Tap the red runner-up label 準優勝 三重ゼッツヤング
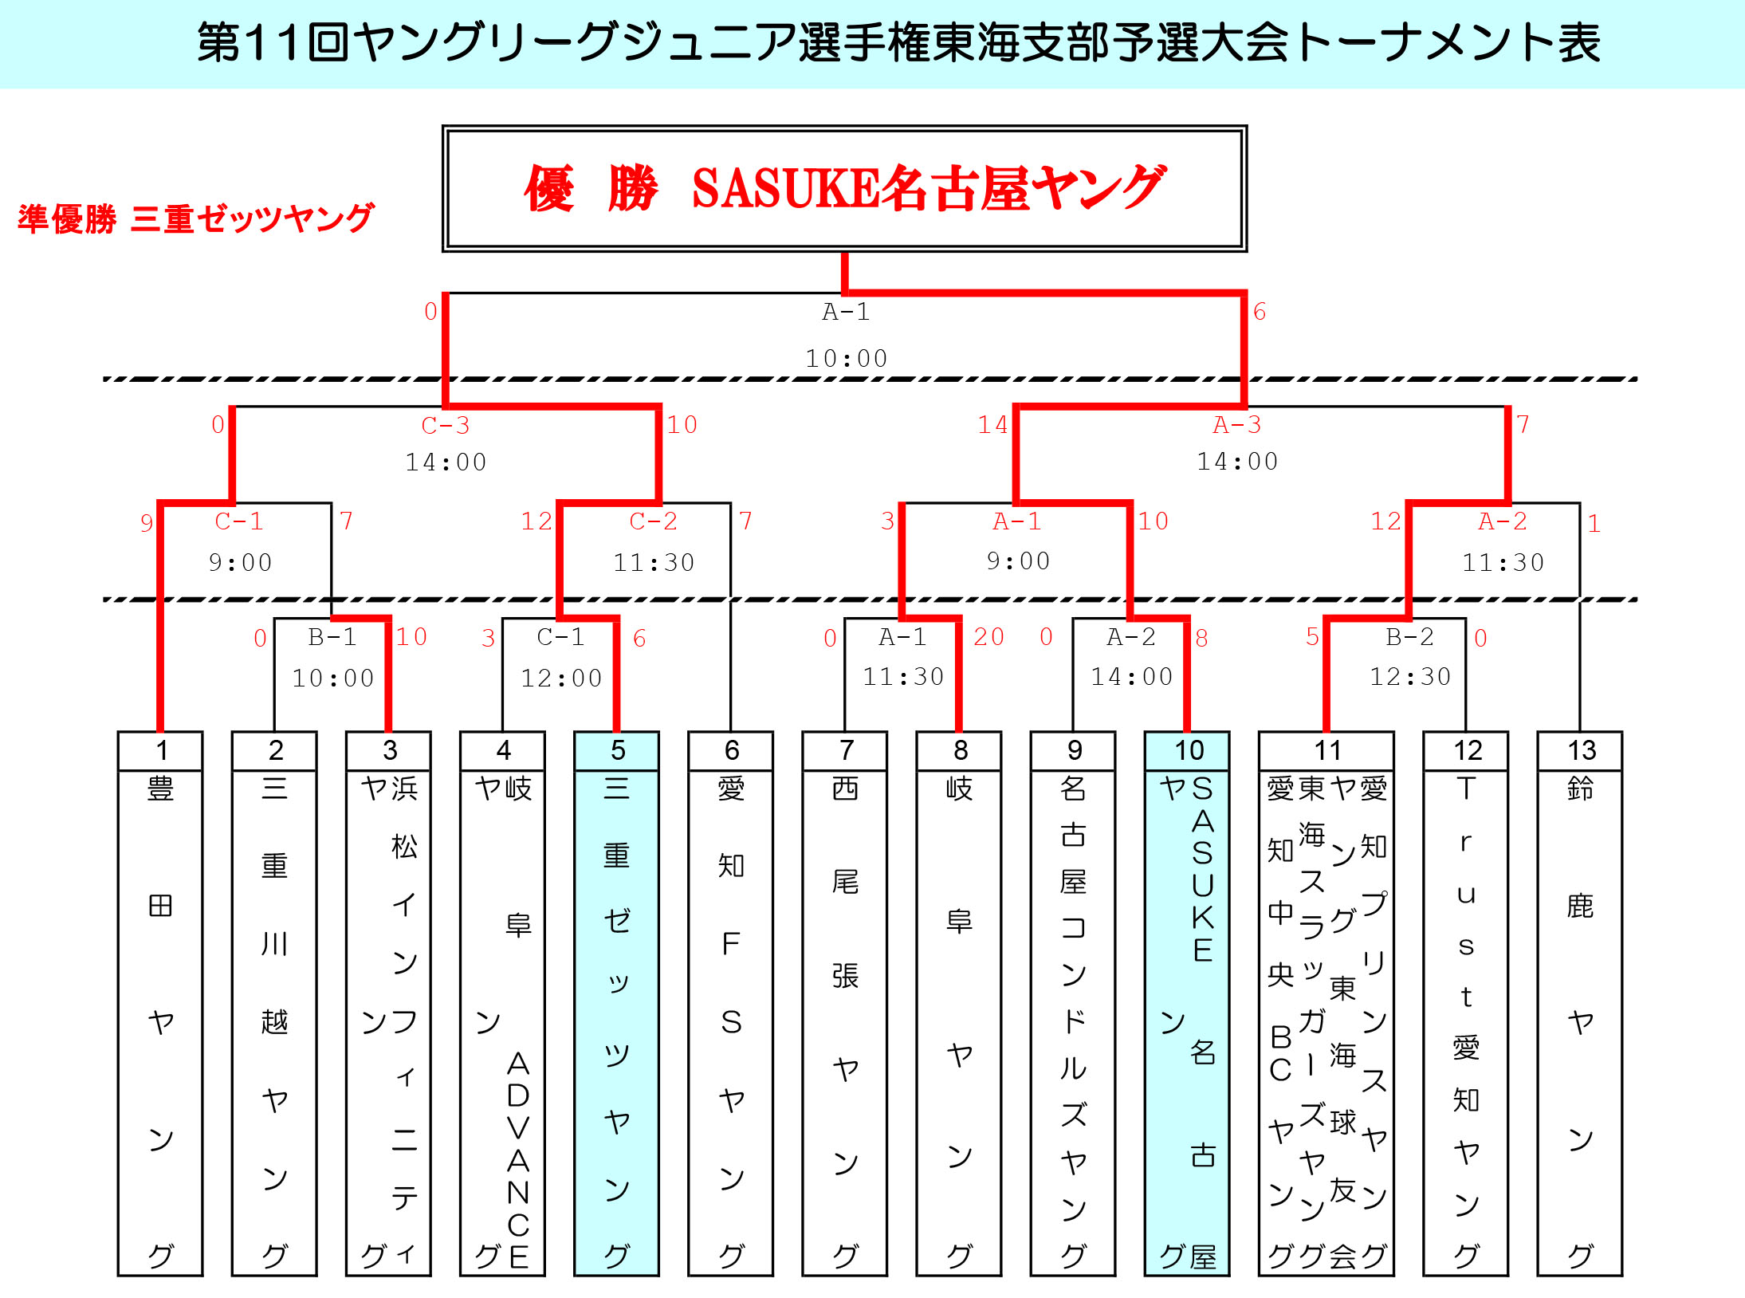[x=195, y=218]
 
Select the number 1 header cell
[x=160, y=750]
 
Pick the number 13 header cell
[x=1581, y=750]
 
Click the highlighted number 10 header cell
[x=1188, y=750]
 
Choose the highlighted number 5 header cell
[x=617, y=750]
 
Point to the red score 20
[x=988, y=636]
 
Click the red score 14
[x=992, y=424]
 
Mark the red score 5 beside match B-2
[x=1312, y=636]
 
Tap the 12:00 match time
[x=561, y=678]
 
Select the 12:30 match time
[x=1409, y=677]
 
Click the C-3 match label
[x=445, y=425]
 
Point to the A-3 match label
[x=1236, y=425]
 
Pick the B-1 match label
[x=332, y=636]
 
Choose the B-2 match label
[x=1409, y=636]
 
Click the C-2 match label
[x=653, y=521]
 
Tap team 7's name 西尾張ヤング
[x=845, y=1021]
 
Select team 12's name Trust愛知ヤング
[x=1466, y=1021]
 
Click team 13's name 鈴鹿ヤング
[x=1580, y=1021]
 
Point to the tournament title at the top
[x=898, y=43]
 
